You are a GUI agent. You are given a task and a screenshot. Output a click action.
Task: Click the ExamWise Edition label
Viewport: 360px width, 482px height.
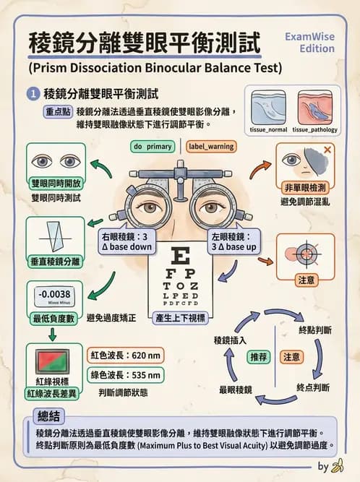click(310, 42)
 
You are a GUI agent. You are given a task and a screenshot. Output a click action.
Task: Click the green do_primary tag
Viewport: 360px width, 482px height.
click(153, 146)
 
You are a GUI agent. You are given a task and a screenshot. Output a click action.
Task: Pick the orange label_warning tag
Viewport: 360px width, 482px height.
click(210, 146)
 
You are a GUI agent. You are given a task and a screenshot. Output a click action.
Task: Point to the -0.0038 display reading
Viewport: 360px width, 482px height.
click(55, 294)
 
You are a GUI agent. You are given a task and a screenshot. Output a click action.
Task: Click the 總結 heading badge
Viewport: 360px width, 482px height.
click(51, 416)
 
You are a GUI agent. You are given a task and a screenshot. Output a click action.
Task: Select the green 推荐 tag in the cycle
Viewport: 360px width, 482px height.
click(259, 357)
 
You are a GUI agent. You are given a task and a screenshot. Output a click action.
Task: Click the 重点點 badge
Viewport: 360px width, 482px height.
click(57, 112)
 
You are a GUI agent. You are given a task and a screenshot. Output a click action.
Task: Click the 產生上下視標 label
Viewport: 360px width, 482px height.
click(181, 317)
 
